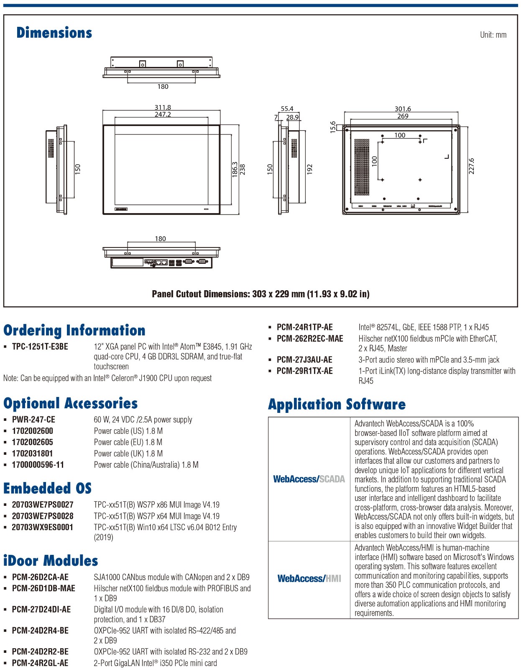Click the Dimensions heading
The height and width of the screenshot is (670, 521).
[54, 33]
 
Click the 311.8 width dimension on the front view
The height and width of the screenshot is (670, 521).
[163, 108]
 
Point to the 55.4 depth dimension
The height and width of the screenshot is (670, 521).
[287, 108]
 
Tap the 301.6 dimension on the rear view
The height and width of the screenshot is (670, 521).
[403, 109]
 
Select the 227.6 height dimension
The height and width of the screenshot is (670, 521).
[472, 166]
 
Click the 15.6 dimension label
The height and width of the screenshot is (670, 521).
[333, 127]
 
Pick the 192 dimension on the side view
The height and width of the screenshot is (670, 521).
[309, 169]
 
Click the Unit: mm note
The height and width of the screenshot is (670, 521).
[493, 35]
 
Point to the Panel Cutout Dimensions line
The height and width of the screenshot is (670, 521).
[260, 294]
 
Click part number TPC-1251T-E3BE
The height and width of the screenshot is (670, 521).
[40, 347]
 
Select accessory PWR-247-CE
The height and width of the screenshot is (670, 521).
[33, 420]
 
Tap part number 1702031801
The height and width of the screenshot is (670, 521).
[33, 454]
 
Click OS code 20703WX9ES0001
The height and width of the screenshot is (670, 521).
[43, 528]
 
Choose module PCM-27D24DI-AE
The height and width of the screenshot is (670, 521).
[41, 610]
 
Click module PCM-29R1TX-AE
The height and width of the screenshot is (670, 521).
[305, 371]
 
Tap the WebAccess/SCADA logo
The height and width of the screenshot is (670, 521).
[309, 479]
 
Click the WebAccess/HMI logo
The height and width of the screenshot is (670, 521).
[309, 579]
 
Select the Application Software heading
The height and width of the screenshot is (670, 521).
[337, 405]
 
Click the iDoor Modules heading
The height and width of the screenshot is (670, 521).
[51, 561]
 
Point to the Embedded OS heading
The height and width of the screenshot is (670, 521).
[47, 488]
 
